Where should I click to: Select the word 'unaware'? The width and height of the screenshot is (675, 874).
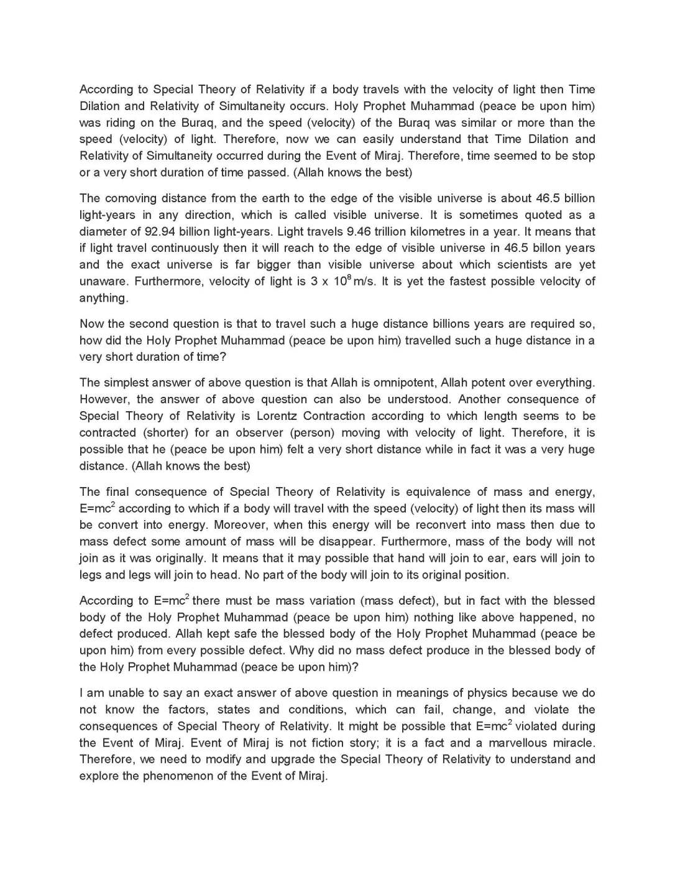coord(103,281)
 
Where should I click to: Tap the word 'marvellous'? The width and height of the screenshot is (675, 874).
coord(518,743)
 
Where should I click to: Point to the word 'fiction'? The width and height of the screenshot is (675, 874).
coord(323,743)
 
